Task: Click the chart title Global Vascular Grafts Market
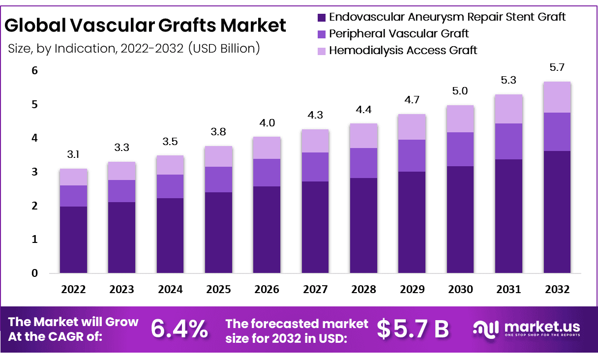pos(146,25)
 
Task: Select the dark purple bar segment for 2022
pos(74,240)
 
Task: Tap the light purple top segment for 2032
pos(557,97)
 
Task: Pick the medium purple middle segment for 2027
pos(315,167)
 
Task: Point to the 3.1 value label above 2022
pos(74,155)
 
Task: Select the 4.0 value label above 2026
pos(267,123)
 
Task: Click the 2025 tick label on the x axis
pos(219,289)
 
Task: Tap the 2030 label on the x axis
pos(460,289)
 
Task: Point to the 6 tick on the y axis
pos(34,71)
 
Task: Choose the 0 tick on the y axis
pos(34,273)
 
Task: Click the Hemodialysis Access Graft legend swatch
pos(322,51)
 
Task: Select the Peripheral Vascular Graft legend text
pos(399,33)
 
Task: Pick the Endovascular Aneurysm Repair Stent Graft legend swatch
pos(322,17)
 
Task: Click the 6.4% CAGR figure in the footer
pos(179,329)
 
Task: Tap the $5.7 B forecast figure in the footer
pos(413,329)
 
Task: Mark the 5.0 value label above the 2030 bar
pos(460,91)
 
